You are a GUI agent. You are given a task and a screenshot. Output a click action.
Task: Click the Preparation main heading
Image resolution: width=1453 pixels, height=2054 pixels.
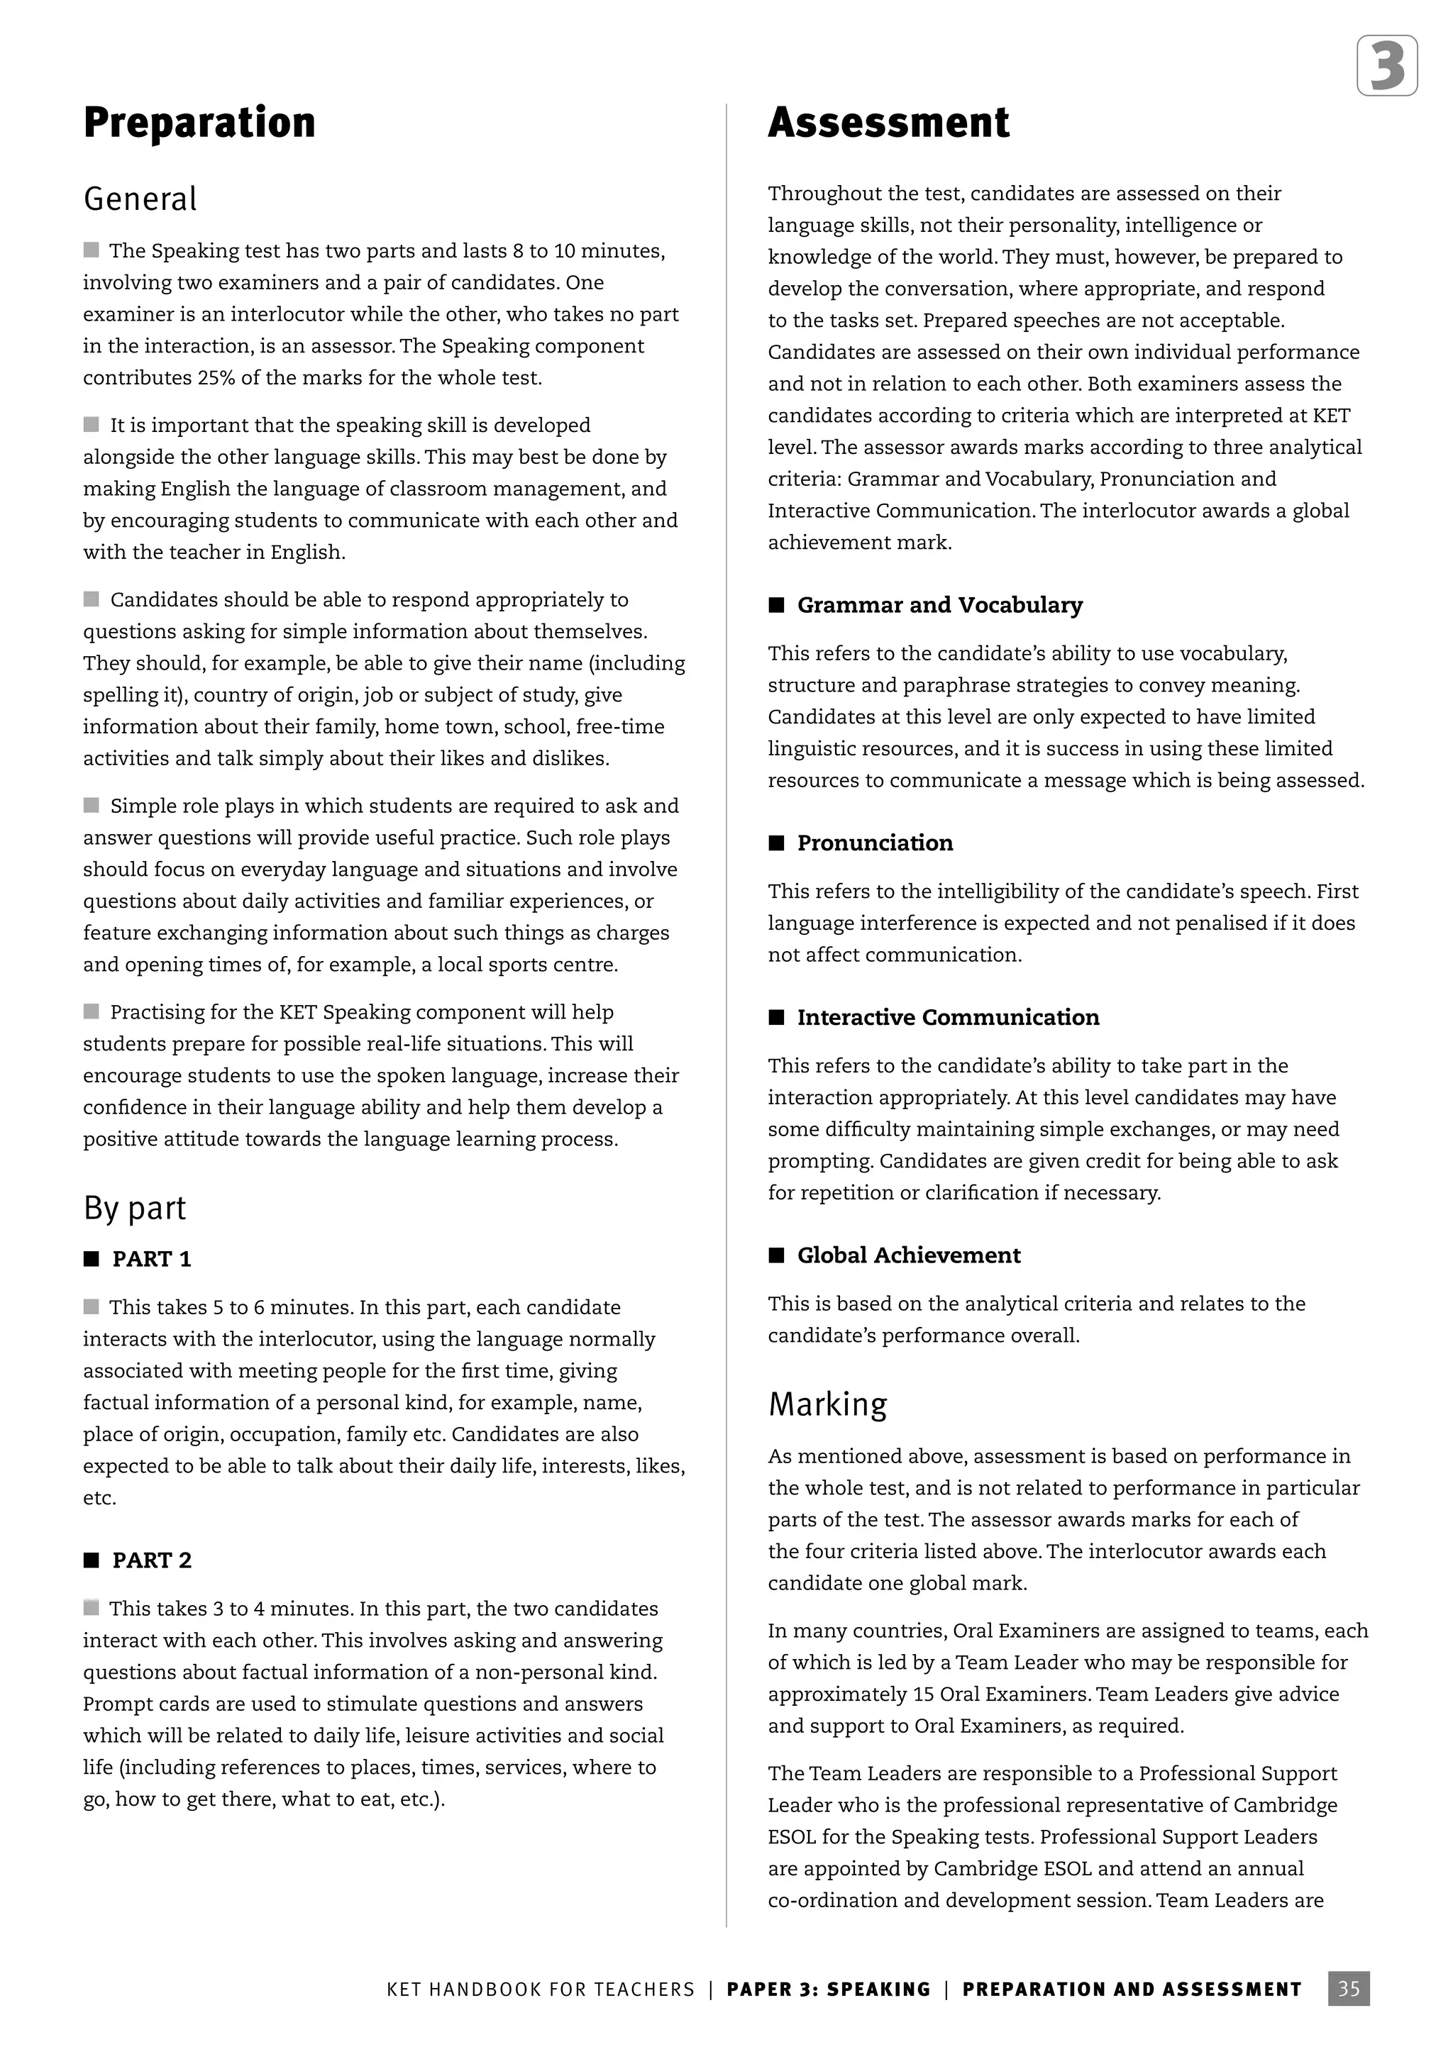(199, 123)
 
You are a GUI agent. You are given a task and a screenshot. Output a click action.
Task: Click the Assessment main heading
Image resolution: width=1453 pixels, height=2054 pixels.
(888, 123)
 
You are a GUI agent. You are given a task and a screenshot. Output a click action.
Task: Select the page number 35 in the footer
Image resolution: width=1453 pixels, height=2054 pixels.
(1348, 1989)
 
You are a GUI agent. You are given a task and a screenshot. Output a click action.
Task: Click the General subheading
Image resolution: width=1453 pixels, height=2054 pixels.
(140, 199)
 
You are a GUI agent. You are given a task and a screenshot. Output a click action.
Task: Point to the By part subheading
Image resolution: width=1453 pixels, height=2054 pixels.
(134, 1209)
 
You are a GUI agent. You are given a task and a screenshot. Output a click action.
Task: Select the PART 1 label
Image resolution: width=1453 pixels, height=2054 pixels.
(151, 1260)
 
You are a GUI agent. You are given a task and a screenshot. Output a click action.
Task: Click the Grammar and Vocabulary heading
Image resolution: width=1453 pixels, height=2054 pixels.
(939, 606)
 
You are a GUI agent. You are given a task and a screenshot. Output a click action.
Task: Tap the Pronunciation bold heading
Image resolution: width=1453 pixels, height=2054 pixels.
(874, 843)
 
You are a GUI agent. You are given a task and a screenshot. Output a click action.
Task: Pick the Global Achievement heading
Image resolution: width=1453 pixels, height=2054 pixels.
(908, 1256)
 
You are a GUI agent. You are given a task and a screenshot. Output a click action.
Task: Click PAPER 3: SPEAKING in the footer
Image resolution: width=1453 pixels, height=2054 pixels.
(829, 1989)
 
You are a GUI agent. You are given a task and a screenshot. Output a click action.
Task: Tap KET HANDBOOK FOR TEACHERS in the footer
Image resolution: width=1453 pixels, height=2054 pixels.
(541, 1989)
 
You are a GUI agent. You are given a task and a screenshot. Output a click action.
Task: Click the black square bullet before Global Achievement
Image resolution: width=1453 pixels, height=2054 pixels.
(775, 1256)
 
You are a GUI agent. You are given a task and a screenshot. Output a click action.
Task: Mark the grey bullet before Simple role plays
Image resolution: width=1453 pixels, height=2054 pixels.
(92, 806)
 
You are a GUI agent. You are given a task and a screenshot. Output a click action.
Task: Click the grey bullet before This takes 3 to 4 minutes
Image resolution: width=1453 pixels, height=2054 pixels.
(92, 1609)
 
